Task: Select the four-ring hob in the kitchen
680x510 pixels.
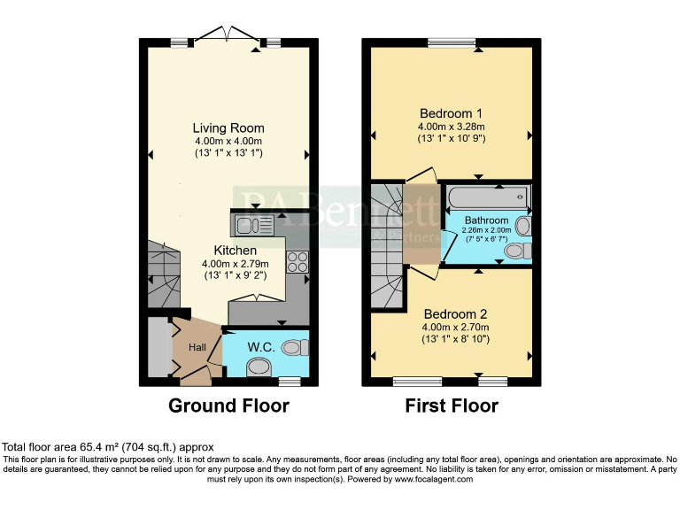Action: point(297,261)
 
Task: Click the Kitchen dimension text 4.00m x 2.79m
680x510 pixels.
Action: point(228,263)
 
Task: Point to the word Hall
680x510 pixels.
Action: point(197,347)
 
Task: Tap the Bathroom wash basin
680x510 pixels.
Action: point(522,227)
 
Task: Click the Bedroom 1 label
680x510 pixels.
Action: point(451,113)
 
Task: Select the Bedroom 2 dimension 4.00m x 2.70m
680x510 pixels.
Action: point(454,327)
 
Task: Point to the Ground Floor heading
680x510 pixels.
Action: point(228,406)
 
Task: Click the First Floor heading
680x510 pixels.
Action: point(451,406)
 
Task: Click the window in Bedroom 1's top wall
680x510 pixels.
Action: point(452,42)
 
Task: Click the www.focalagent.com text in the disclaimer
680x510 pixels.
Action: point(433,479)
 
